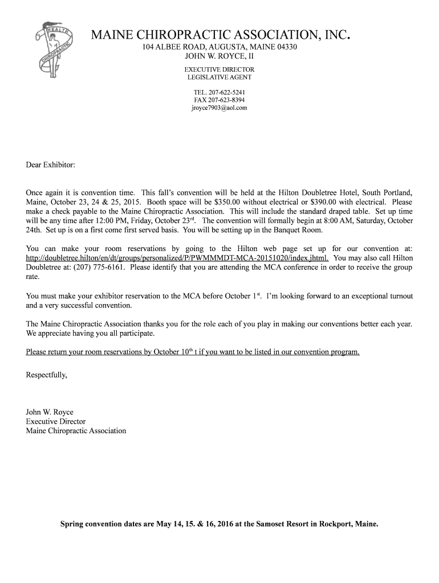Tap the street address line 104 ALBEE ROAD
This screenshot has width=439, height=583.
click(x=219, y=47)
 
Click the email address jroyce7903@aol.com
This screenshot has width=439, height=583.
click(x=219, y=107)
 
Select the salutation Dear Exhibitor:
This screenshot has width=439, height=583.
click(x=50, y=165)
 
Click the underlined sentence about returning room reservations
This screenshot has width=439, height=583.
click(x=193, y=352)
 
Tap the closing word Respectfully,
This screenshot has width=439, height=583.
click(x=47, y=375)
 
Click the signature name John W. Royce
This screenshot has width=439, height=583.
click(x=50, y=412)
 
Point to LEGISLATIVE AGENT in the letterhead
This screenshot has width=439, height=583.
click(x=219, y=77)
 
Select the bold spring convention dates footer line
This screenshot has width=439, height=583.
click(x=219, y=524)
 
